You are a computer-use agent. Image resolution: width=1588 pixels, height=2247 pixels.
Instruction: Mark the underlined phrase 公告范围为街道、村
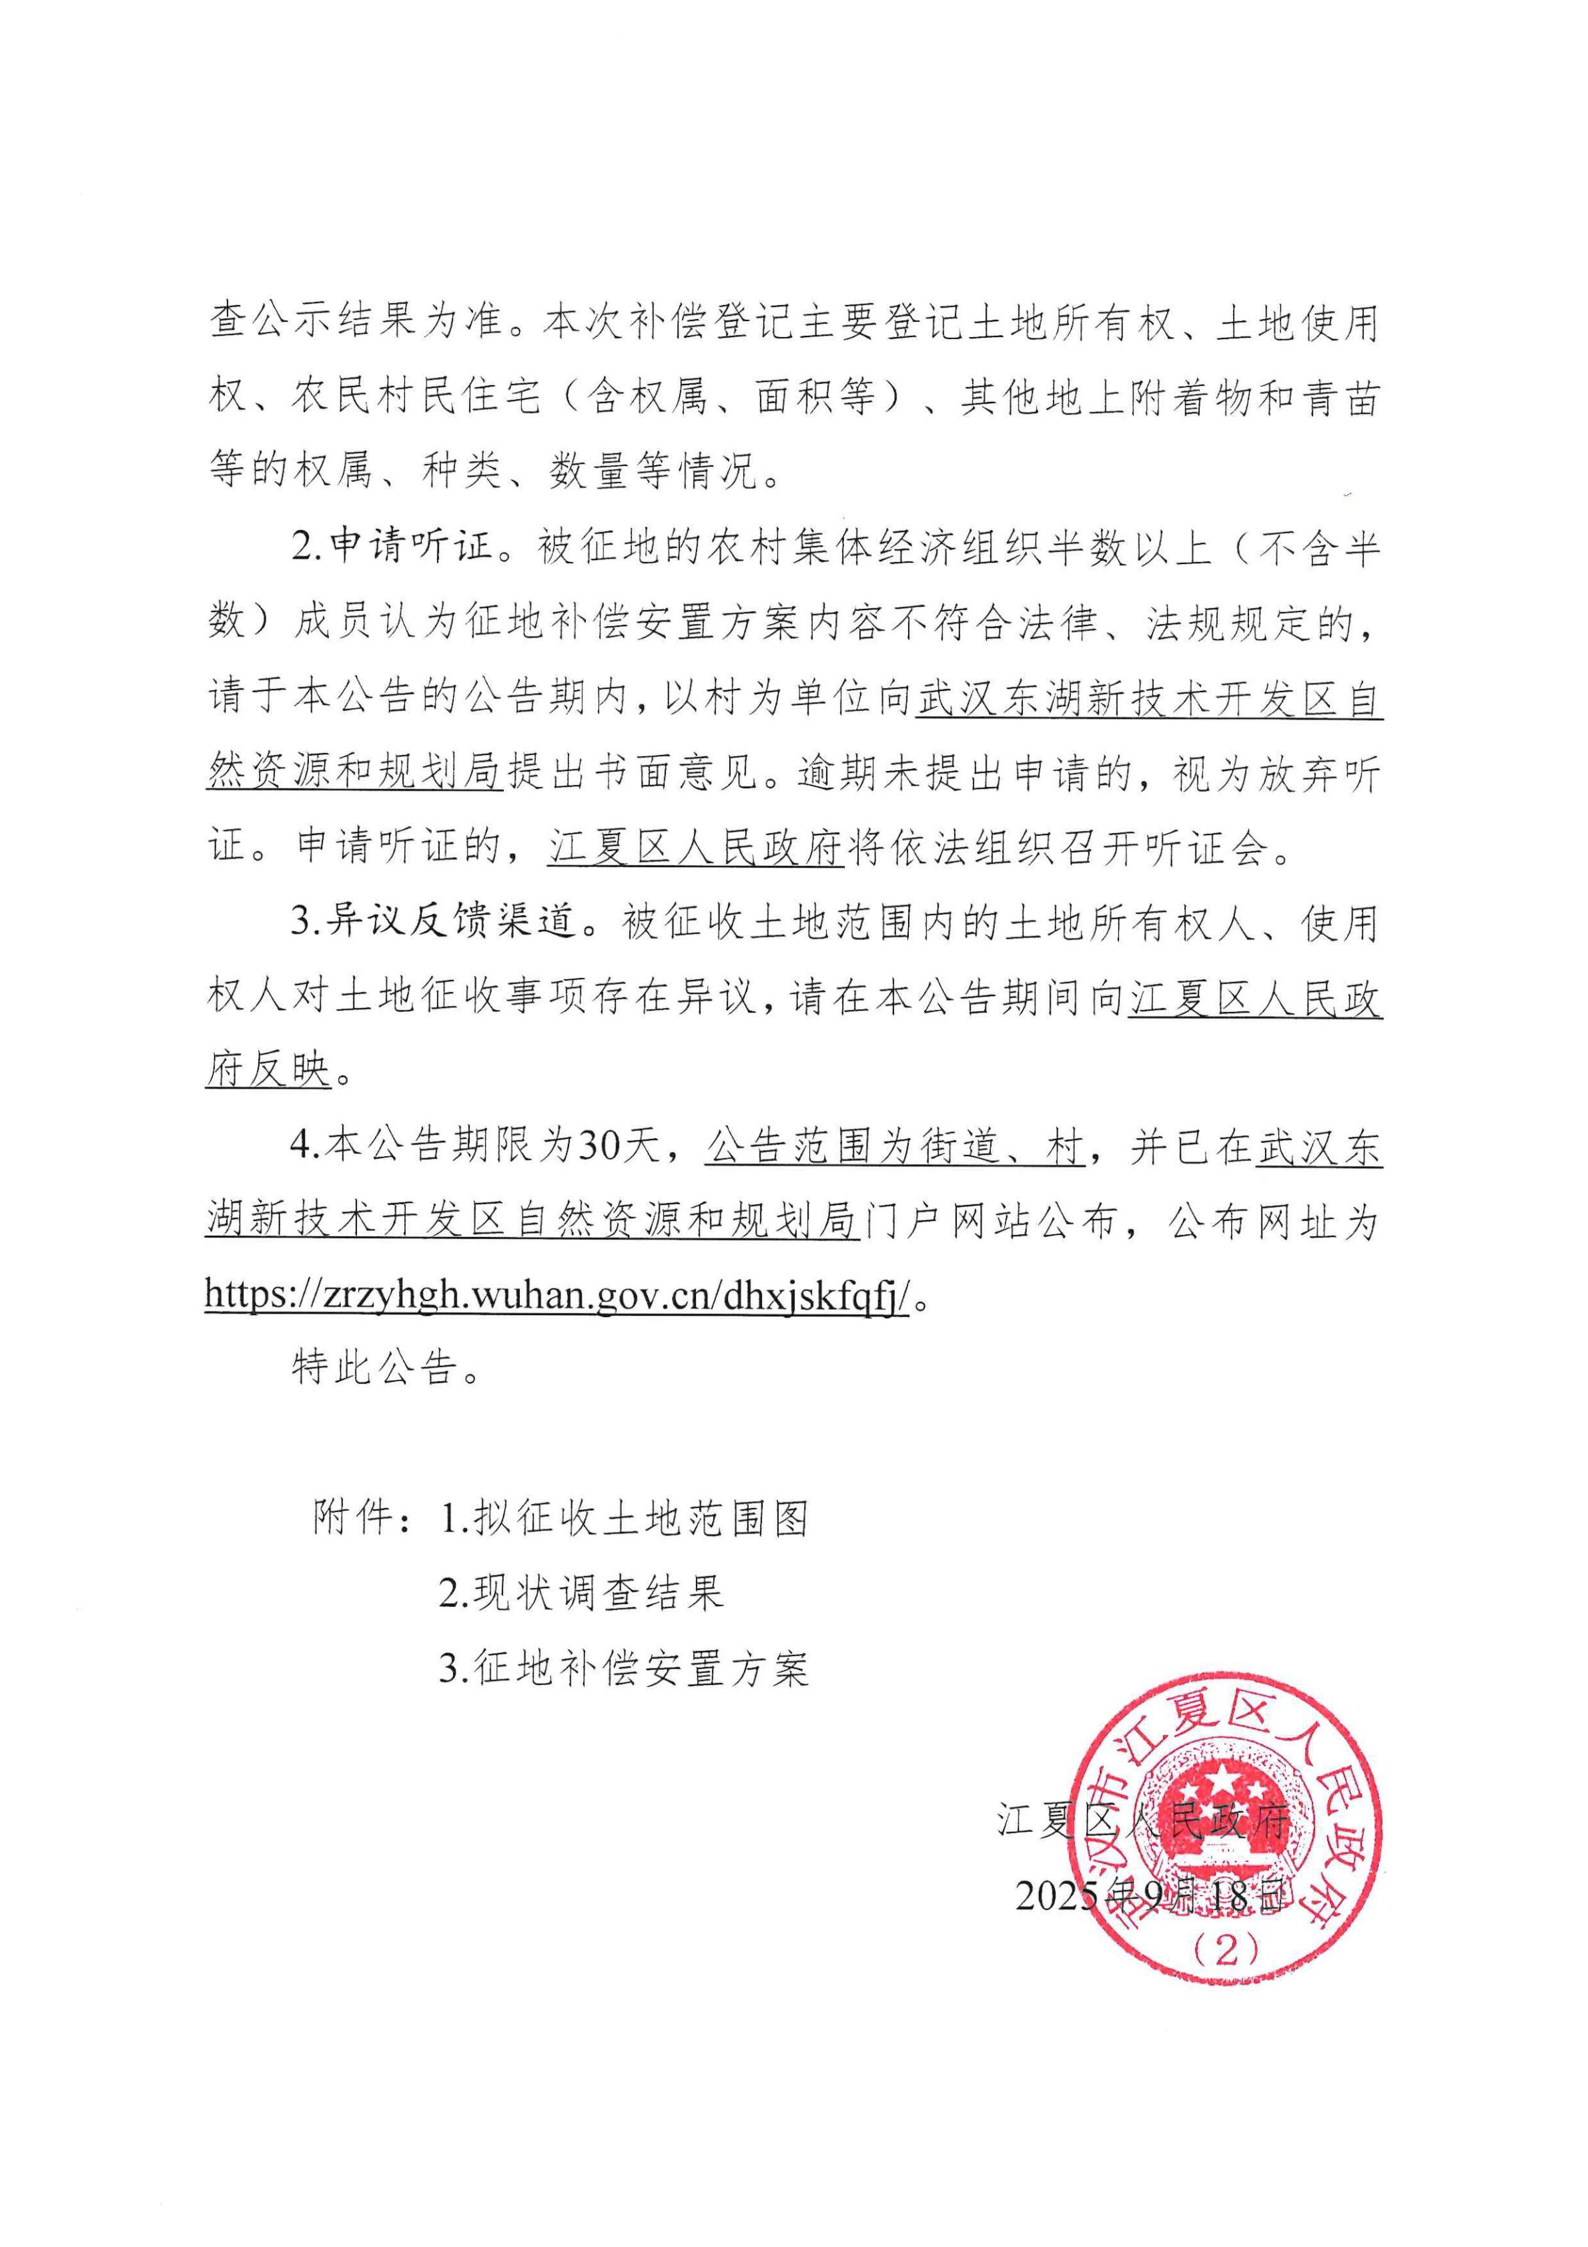[x=894, y=1146]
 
